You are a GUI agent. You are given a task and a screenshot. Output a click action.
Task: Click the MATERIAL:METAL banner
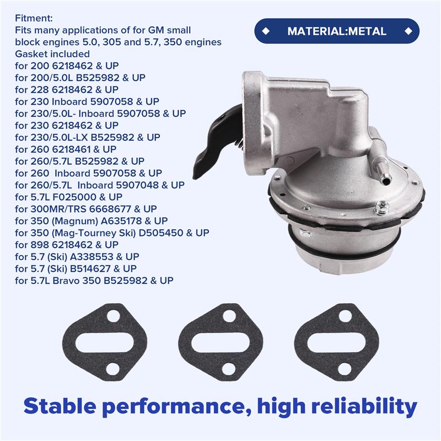point(336,31)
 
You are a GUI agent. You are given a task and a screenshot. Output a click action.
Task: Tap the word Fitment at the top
point(34,18)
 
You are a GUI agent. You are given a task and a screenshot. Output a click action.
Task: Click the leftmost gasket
point(105,342)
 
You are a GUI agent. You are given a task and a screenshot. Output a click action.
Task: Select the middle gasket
point(220,342)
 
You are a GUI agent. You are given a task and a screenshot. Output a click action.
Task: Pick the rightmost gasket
point(336,342)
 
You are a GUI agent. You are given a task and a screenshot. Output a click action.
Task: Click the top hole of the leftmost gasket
point(113,317)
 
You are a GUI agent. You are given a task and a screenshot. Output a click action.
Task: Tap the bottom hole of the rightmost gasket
point(345,368)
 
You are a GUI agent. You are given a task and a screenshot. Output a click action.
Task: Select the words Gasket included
point(53,54)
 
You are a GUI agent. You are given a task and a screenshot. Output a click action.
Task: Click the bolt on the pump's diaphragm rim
point(380,208)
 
